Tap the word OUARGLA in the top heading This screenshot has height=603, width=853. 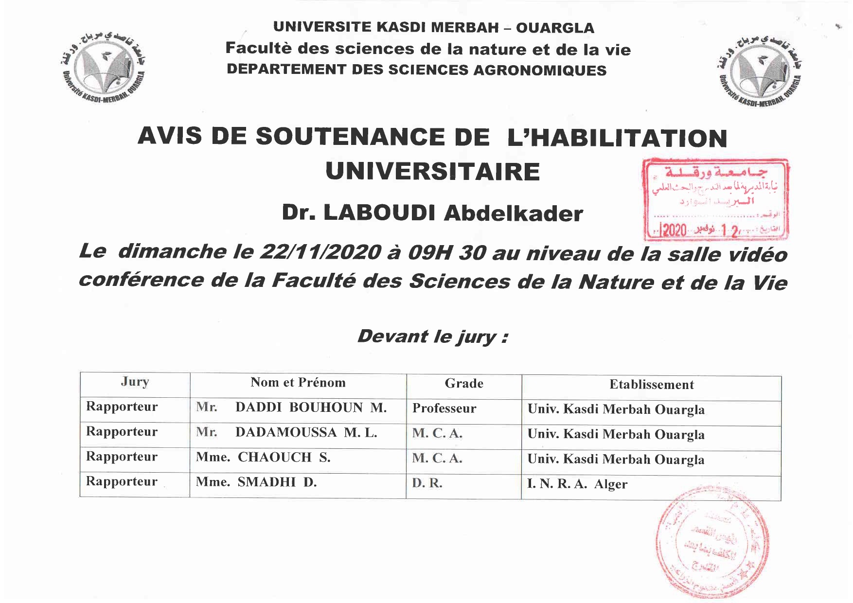(555, 28)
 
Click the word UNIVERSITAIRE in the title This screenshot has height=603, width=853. (432, 172)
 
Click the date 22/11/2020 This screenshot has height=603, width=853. (320, 252)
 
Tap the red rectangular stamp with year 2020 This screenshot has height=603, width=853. (715, 199)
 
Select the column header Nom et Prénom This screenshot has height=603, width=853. (298, 383)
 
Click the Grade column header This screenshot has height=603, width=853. (463, 384)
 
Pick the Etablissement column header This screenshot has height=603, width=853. (651, 385)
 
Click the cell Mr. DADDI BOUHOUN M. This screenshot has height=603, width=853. (291, 408)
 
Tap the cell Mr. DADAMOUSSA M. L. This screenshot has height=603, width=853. (286, 432)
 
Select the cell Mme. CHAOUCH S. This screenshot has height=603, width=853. (263, 458)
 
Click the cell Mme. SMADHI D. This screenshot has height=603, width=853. (256, 482)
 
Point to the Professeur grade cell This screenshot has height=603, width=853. (444, 408)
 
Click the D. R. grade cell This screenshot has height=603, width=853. (427, 484)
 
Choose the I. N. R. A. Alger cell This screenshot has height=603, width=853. (577, 484)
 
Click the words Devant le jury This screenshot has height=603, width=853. (432, 337)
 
